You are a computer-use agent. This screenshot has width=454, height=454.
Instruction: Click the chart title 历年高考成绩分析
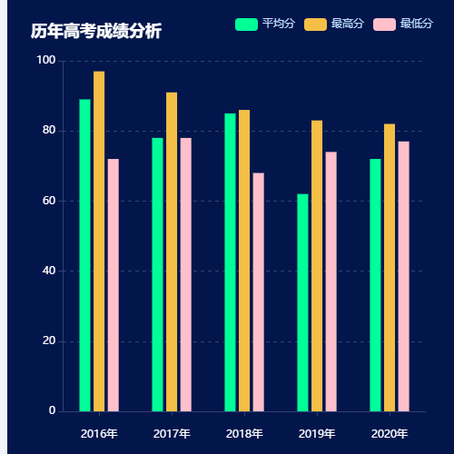[x=95, y=32]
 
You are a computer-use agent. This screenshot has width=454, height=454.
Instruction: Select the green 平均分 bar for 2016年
[x=84, y=255]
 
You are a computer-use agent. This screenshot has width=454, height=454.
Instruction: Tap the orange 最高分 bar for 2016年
[x=99, y=242]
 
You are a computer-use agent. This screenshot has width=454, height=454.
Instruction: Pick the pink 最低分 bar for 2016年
[x=113, y=285]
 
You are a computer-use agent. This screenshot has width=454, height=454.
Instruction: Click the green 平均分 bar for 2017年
[x=157, y=274]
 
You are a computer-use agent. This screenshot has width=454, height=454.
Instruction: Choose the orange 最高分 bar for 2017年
[x=172, y=252]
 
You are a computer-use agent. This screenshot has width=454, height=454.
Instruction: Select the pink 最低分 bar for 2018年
[x=259, y=292]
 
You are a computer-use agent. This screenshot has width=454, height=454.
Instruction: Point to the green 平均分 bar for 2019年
[x=302, y=302]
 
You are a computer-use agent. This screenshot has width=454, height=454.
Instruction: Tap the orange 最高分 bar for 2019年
[x=317, y=266]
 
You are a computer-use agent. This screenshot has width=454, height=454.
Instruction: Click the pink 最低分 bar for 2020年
[x=404, y=276]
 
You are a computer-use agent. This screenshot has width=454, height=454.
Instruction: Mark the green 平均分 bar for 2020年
[x=375, y=285]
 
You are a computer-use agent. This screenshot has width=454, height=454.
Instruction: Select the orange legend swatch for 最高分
[x=315, y=24]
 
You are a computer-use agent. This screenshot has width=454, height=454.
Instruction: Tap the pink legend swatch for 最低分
[x=384, y=24]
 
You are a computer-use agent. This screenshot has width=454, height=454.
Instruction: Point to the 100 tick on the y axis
[x=45, y=61]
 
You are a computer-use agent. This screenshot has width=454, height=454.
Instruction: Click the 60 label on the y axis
[x=49, y=201]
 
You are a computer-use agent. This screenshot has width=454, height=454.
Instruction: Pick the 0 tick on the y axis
[x=52, y=411]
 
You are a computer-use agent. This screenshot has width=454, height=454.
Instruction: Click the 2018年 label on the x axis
[x=244, y=433]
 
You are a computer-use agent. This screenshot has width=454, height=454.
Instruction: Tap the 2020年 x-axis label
[x=390, y=433]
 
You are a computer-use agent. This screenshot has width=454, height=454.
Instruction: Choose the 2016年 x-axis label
[x=99, y=433]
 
